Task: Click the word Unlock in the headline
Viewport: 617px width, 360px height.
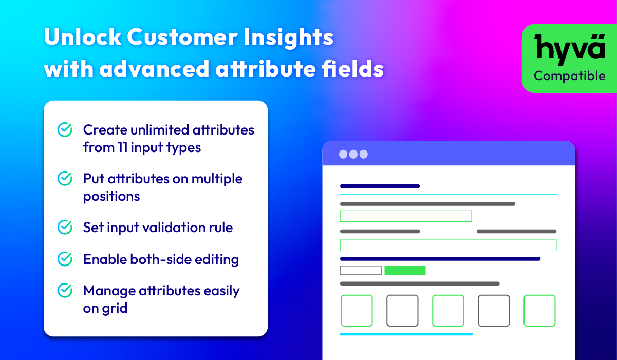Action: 82,36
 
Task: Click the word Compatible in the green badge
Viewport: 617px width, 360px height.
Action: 569,75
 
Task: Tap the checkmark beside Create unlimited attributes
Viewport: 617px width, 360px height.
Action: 65,129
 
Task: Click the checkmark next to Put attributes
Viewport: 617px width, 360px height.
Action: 65,178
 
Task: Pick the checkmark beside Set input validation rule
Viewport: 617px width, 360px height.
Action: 65,227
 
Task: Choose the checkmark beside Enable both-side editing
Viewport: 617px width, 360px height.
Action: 65,259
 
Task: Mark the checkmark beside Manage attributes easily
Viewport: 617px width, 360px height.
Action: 65,290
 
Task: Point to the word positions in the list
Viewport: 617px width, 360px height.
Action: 111,197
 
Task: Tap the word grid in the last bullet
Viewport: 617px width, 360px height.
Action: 115,309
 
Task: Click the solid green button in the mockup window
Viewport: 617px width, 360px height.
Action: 405,270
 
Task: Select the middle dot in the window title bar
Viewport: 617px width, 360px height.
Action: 353,154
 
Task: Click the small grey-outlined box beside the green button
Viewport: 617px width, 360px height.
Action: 361,270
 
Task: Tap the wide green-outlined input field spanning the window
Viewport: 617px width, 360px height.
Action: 448,245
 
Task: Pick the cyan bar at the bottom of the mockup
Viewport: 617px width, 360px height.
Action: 406,334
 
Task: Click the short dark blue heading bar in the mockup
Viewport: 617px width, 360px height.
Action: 380,186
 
